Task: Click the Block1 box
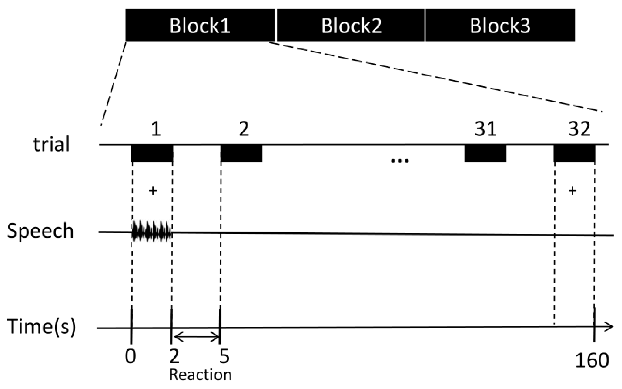point(200,25)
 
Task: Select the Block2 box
point(351,25)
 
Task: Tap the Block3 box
point(500,25)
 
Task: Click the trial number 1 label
point(156,129)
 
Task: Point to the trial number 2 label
point(244,129)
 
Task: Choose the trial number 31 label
point(485,129)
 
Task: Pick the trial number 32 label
point(579,129)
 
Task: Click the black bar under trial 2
point(241,153)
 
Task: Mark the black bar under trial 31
point(485,153)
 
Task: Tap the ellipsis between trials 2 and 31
point(400,161)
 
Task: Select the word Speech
point(40,231)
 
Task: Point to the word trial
point(51,144)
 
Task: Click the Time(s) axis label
point(41,326)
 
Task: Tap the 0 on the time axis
point(130,356)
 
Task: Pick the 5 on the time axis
point(224,356)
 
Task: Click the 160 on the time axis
point(592,360)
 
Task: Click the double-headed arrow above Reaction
point(196,337)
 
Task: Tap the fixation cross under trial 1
point(153,191)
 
